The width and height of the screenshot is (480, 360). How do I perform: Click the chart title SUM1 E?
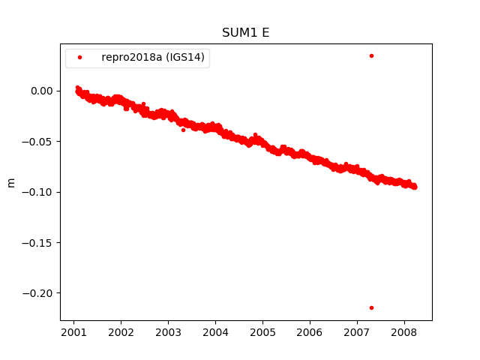point(245,33)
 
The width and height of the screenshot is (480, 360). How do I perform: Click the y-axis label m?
point(10,182)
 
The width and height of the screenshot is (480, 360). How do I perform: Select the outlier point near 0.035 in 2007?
point(371,55)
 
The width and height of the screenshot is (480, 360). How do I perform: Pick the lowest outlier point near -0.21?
point(371,307)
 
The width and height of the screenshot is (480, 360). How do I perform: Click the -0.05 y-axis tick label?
point(40,142)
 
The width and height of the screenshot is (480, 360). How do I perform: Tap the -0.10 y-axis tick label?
point(40,192)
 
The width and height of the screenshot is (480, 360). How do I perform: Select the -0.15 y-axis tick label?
point(40,242)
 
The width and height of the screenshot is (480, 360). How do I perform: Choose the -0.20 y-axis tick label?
point(40,293)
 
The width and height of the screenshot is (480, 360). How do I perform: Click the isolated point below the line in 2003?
point(183,130)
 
